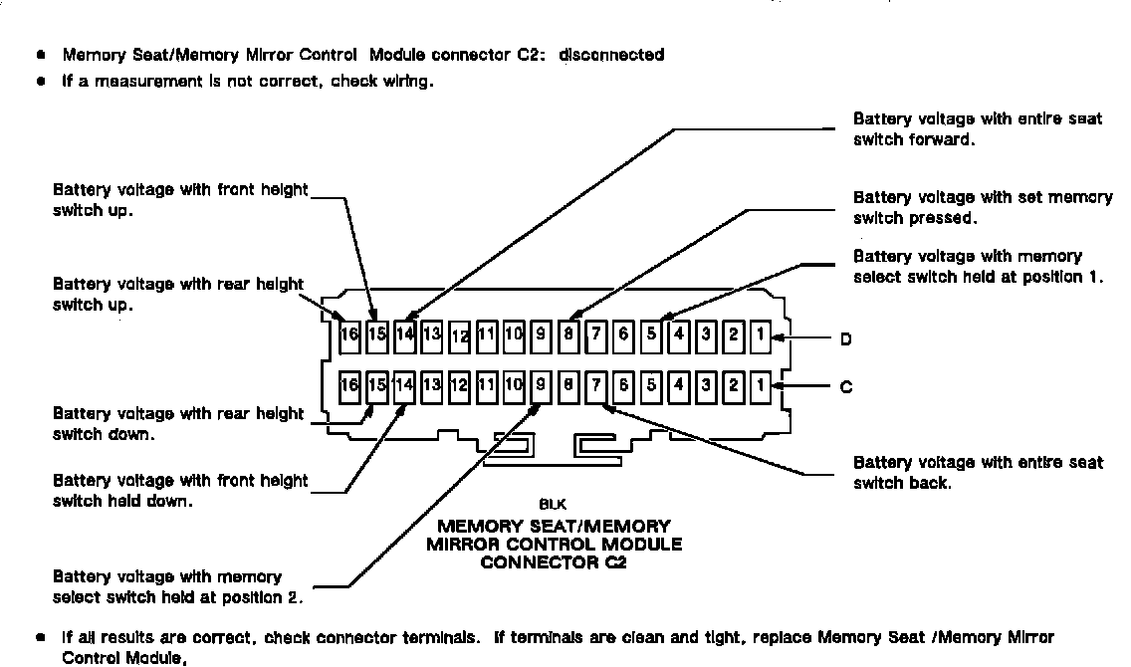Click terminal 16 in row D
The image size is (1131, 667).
pos(348,334)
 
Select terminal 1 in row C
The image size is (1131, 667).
pos(760,385)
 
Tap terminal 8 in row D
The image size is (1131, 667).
pos(567,334)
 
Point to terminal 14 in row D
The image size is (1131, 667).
pos(404,334)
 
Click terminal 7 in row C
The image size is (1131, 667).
pos(595,385)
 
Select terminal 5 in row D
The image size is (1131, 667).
pos(650,334)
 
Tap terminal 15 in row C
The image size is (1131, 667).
pos(376,385)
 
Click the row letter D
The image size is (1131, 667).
pos(845,339)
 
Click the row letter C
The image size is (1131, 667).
pos(845,387)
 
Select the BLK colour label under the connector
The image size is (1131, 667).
pos(554,506)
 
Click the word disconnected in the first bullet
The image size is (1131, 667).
pos(611,55)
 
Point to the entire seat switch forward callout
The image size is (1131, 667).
pos(977,129)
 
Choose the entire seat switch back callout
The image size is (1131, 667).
pos(977,473)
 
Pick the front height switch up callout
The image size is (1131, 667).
pos(179,200)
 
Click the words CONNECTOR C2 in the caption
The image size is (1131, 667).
pos(554,562)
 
